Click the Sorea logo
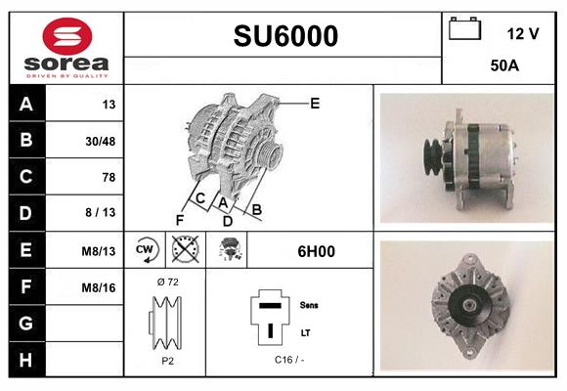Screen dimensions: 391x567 pos(66,48)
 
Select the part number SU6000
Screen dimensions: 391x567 pos(285,36)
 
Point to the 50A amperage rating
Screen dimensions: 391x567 pos(503,67)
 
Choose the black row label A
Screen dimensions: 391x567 pos(25,105)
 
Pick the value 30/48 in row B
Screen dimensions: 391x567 pos(102,141)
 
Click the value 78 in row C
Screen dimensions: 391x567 pos(109,177)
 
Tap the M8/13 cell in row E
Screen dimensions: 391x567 pos(100,251)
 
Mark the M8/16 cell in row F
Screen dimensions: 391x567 pos(100,287)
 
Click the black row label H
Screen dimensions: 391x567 pos(25,360)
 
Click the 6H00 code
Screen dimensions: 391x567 pos(316,251)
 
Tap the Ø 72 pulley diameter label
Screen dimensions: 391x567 pos(166,282)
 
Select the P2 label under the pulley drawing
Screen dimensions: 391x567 pos(166,361)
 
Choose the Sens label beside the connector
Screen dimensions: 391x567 pos(308,305)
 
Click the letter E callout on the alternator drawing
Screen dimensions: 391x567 pos(315,102)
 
